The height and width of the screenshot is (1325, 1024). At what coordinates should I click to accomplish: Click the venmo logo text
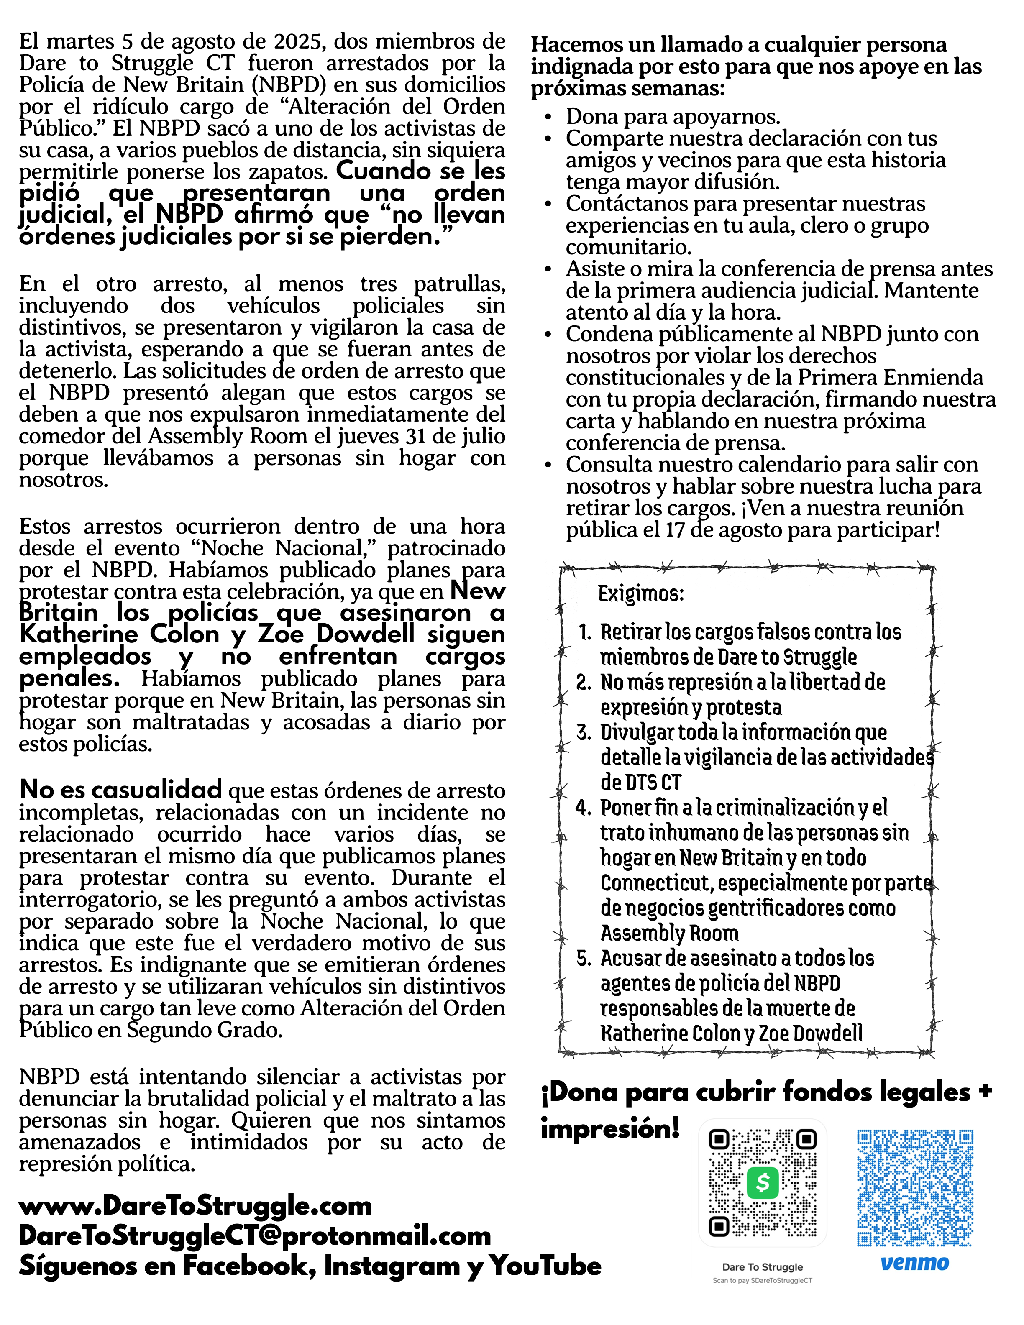[915, 1263]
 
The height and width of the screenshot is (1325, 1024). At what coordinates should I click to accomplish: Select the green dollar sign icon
[763, 1183]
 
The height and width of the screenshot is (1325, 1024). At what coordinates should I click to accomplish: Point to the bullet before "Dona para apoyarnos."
[548, 117]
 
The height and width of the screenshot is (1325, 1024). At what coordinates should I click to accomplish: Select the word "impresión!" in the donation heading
[609, 1128]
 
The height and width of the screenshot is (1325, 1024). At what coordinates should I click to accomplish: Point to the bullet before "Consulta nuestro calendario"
[548, 466]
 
